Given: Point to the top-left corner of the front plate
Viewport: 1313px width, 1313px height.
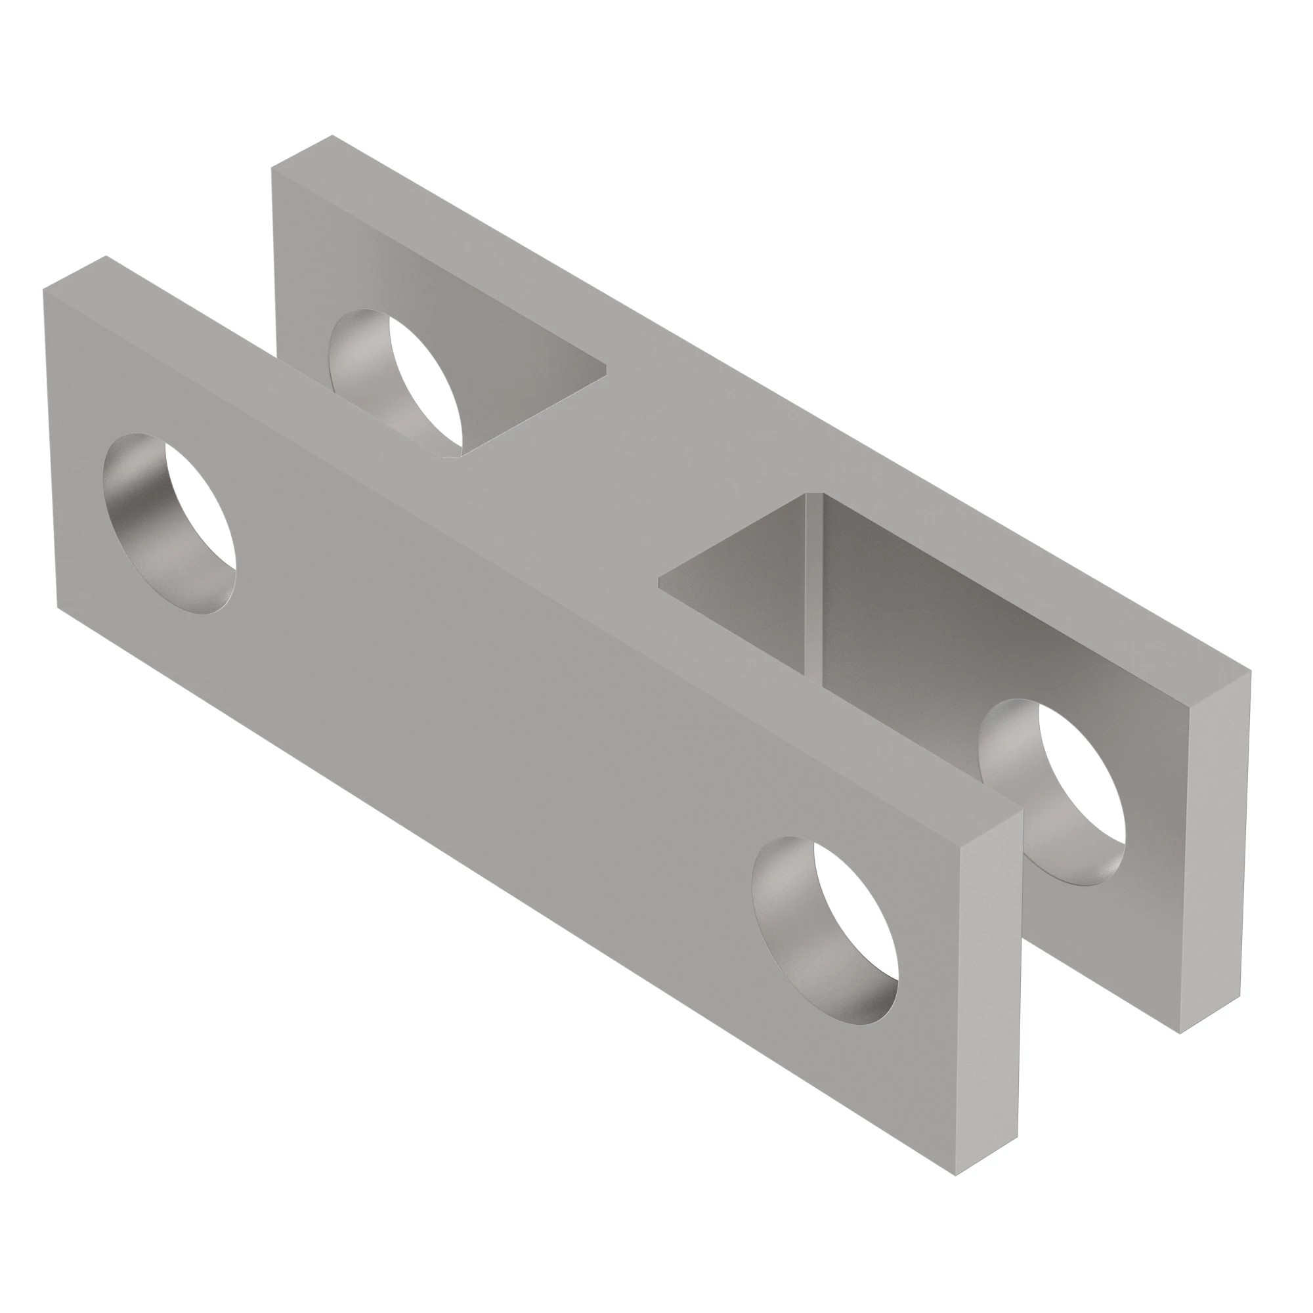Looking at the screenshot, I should pyautogui.click(x=43, y=290).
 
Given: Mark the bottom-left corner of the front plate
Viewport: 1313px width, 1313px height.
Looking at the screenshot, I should pyautogui.click(x=58, y=607).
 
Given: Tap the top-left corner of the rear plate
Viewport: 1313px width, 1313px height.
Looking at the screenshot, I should pyautogui.click(x=272, y=167).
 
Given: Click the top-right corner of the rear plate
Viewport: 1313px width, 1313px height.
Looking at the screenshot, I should pyautogui.click(x=1249, y=673).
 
